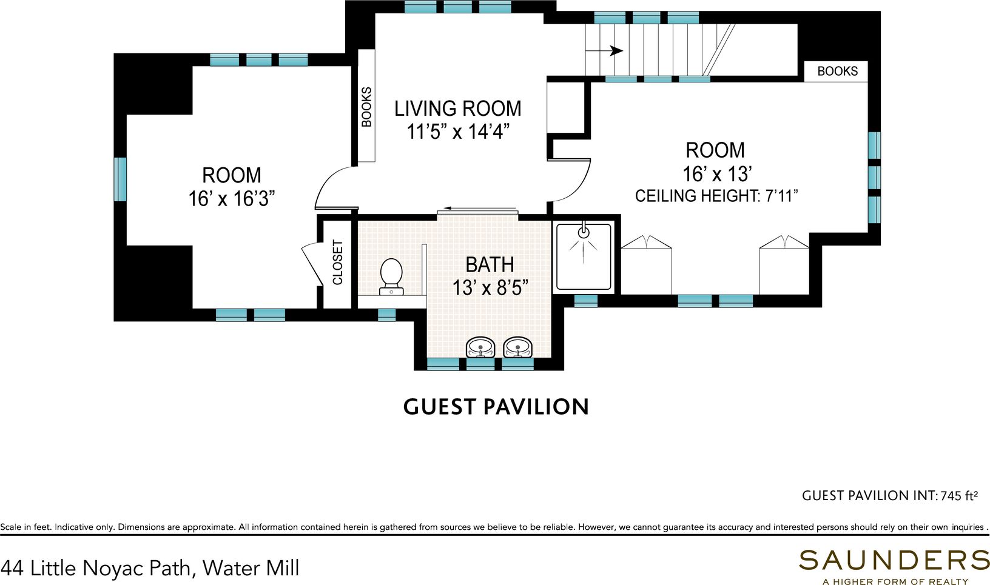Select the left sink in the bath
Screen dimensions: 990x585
pyautogui.click(x=481, y=347)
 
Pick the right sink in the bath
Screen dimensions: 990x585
pyautogui.click(x=518, y=347)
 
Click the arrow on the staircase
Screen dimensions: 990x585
pyautogui.click(x=604, y=51)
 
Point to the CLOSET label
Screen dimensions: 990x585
pyautogui.click(x=338, y=262)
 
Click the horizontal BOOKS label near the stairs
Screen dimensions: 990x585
pyautogui.click(x=837, y=71)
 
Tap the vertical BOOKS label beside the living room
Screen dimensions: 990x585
pyautogui.click(x=366, y=107)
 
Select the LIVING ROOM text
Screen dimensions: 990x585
pyautogui.click(x=457, y=109)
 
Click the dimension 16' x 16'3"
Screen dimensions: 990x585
pyautogui.click(x=232, y=199)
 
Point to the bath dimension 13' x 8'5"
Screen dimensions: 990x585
pyautogui.click(x=491, y=289)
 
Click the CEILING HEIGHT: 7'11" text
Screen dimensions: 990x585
pyautogui.click(x=716, y=196)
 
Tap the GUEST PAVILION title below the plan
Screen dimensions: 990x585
pyautogui.click(x=496, y=407)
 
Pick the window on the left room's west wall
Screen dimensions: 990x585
pyautogui.click(x=120, y=179)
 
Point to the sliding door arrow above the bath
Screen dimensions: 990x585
pyautogui.click(x=480, y=208)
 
